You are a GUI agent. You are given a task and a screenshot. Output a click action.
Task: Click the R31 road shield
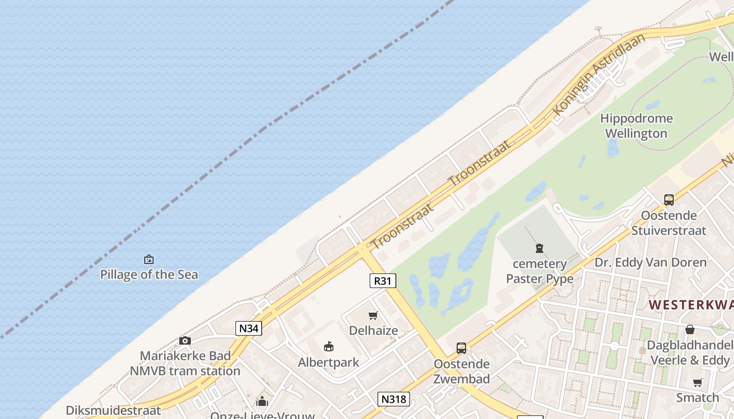tap(383, 281)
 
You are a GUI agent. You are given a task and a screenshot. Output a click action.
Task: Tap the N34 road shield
tap(249, 328)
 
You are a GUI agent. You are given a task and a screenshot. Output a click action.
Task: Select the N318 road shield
tap(393, 399)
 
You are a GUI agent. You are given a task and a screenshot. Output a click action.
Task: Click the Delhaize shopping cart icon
tap(373, 315)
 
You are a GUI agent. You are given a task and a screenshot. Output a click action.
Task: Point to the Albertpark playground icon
tap(329, 346)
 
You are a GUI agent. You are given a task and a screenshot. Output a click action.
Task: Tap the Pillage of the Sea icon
tap(149, 259)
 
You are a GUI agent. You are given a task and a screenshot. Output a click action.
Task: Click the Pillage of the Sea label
tap(149, 274)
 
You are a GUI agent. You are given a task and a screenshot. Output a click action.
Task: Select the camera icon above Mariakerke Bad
tap(185, 341)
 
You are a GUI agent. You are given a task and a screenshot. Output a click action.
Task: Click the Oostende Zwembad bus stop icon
tap(461, 348)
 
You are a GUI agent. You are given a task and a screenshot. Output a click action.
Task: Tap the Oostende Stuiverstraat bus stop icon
tap(669, 200)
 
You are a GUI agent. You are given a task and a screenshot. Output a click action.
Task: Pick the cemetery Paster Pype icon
tap(539, 248)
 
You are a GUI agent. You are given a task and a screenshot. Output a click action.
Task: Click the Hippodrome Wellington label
tap(636, 126)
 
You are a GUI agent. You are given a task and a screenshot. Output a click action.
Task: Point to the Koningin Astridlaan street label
tap(599, 74)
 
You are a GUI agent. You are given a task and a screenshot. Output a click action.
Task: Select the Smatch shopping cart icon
tap(697, 382)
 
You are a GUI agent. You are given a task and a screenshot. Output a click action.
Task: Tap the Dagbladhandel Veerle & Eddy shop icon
tap(690, 329)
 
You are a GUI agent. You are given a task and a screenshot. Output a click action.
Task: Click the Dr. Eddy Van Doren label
tap(650, 262)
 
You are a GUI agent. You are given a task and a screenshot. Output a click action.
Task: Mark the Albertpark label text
tap(329, 362)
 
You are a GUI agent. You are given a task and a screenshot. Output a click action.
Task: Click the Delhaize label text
tap(373, 330)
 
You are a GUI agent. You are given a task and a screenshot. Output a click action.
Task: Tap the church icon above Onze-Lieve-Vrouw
tap(262, 402)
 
